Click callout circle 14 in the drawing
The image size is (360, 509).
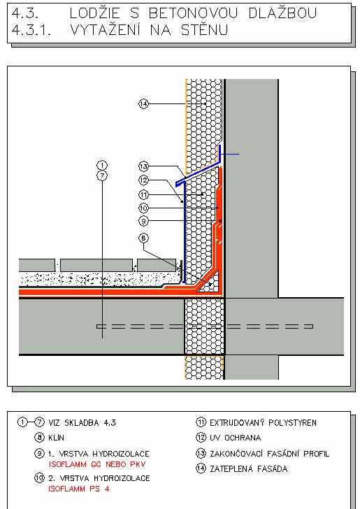coord(143,104)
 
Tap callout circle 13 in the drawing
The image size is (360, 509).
coord(143,166)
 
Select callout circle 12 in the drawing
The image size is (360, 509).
coord(143,180)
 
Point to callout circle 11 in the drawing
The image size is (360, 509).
coord(143,195)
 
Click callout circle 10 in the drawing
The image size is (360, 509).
coord(143,208)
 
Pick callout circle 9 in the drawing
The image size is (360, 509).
coord(143,222)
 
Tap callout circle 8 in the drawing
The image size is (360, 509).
coord(143,238)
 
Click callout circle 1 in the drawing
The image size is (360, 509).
coord(102,165)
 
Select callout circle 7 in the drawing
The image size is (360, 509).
coord(102,175)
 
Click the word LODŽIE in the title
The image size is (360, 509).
coord(95,13)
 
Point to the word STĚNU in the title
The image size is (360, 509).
coord(205,30)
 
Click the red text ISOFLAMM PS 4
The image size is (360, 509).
coord(79,489)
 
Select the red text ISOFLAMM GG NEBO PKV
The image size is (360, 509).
coord(97,464)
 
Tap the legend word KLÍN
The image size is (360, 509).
coord(56,438)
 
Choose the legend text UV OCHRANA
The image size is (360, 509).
coord(235,438)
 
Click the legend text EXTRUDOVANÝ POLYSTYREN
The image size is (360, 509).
coord(263,422)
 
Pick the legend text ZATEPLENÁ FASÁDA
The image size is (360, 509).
coord(248,468)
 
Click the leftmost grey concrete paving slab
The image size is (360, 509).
coord(36,265)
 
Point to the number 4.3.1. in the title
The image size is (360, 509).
coord(31,30)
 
